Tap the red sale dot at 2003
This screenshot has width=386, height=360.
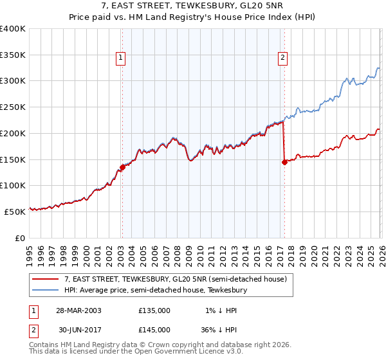[122, 167]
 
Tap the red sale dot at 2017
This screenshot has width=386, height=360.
[284, 162]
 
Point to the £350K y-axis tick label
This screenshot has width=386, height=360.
[13, 55]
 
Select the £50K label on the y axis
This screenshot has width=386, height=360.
[15, 211]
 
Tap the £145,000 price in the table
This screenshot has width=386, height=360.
[154, 329]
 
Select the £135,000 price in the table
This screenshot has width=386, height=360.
[154, 310]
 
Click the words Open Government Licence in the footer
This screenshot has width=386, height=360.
[181, 352]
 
